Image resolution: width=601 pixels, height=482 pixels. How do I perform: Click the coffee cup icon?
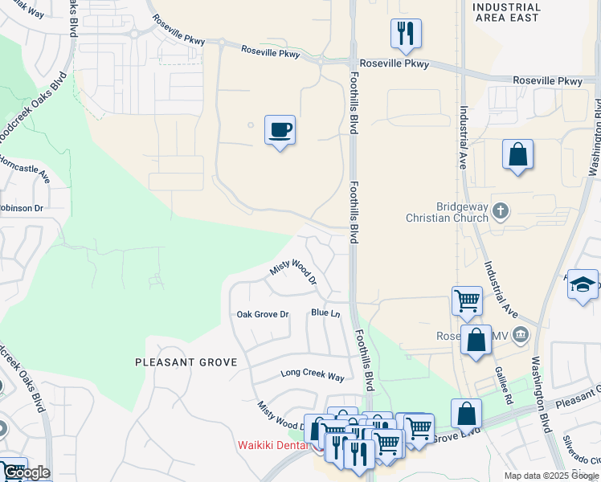(x=280, y=130)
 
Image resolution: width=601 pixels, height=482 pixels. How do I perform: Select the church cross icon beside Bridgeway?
(x=500, y=211)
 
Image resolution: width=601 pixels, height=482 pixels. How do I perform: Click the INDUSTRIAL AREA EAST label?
(x=506, y=12)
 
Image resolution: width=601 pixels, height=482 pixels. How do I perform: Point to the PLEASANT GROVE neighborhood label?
(x=186, y=362)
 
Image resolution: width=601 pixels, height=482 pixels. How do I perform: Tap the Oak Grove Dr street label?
(x=262, y=314)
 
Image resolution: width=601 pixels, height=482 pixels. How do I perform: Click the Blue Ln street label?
(x=325, y=312)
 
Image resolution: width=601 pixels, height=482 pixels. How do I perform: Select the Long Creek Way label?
(x=312, y=375)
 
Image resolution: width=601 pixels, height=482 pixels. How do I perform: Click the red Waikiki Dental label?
(x=276, y=445)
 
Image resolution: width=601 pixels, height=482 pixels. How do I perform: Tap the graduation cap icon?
(x=583, y=284)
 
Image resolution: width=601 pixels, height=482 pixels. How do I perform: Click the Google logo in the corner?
(x=26, y=472)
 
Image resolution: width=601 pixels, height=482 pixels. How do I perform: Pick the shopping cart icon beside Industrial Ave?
(x=467, y=301)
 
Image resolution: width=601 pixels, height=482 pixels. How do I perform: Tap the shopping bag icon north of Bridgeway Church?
(x=518, y=153)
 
